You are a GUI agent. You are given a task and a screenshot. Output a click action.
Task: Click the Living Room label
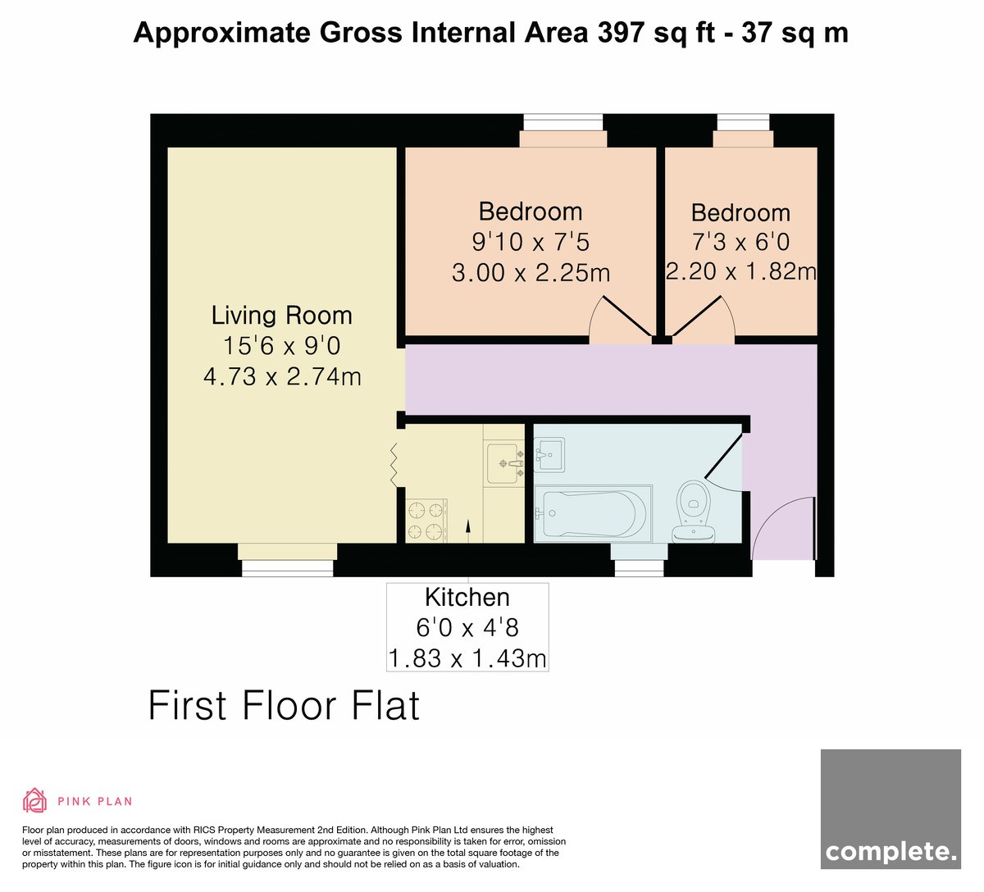coord(281,316)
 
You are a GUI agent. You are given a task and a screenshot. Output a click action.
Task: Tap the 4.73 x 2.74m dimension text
coord(282,377)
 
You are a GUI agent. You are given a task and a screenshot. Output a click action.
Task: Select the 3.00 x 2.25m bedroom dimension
coord(531,273)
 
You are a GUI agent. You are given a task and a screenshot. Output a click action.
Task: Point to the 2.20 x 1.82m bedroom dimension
coord(740,271)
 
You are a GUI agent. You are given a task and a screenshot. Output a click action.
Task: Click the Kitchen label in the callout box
coord(467,597)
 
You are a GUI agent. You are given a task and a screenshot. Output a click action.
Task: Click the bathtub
coord(593,514)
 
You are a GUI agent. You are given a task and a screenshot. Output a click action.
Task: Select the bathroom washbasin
coord(549,455)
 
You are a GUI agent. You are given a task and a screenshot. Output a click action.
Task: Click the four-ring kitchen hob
coord(426,521)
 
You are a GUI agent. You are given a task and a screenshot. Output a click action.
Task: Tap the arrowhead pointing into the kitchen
coord(467,526)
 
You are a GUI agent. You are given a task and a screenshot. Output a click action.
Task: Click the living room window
coord(288,568)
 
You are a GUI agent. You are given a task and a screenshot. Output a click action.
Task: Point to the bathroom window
coord(639,568)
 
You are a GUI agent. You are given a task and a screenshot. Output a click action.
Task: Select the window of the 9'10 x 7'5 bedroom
coord(563,122)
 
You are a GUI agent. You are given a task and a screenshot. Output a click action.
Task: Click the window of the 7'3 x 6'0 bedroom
coord(743,122)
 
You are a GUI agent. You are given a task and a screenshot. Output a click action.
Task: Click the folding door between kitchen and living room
coord(394,465)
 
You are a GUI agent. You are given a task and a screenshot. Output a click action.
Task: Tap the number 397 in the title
coord(620,33)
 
